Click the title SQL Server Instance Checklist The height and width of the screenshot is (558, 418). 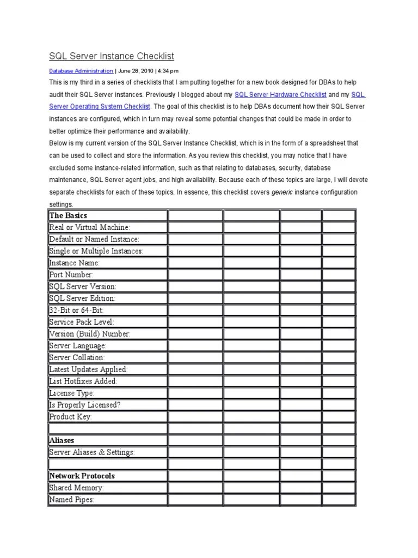(x=111, y=56)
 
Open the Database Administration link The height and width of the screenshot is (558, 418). (x=81, y=71)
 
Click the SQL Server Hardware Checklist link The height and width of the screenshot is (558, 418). (x=280, y=95)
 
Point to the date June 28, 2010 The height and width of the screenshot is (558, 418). (x=136, y=71)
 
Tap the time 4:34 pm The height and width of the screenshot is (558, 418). (x=168, y=71)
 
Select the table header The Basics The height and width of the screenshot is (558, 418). (x=68, y=216)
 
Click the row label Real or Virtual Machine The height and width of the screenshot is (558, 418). (x=90, y=227)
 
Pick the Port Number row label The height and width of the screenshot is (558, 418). (x=71, y=275)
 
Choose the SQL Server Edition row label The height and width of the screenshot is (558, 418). (x=82, y=299)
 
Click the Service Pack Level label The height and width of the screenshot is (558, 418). (x=82, y=322)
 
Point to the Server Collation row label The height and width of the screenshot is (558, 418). (x=77, y=357)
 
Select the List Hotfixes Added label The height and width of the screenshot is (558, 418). (x=83, y=381)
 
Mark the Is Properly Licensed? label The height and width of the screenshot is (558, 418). (x=84, y=405)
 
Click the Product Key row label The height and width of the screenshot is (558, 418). (x=71, y=417)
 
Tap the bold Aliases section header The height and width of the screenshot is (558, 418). (x=62, y=440)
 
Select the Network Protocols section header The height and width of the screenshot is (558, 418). (x=82, y=476)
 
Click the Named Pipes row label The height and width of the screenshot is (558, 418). (x=72, y=500)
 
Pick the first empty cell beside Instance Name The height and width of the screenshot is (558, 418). (x=195, y=263)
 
